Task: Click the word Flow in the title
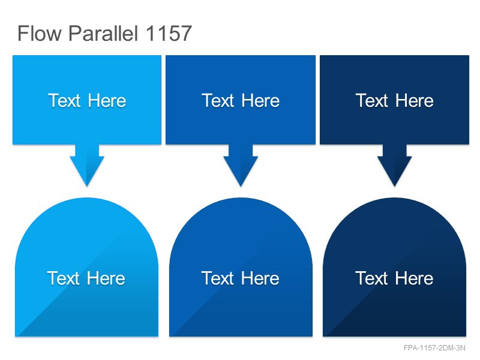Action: (x=40, y=33)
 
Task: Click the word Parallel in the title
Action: (x=103, y=33)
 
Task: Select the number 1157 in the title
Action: (x=169, y=33)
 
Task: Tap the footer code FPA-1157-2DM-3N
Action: (x=434, y=348)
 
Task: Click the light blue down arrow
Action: (x=87, y=166)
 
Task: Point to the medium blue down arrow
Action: (x=241, y=166)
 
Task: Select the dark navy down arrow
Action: (x=395, y=166)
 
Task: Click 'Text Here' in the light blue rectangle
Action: (x=87, y=100)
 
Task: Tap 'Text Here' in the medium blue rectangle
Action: (x=241, y=100)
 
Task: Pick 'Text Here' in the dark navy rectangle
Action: (x=395, y=100)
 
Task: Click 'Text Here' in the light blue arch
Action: (x=86, y=278)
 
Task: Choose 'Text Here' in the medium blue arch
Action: (x=241, y=278)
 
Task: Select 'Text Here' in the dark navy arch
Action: (x=394, y=278)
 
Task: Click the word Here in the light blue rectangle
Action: (x=107, y=100)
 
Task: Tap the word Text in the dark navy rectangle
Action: (x=372, y=100)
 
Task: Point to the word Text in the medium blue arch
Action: (x=218, y=278)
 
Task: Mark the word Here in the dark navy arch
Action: (x=414, y=278)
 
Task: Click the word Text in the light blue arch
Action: (x=64, y=278)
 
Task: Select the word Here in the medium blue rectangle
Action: (x=260, y=100)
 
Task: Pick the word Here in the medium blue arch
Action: (x=260, y=278)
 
